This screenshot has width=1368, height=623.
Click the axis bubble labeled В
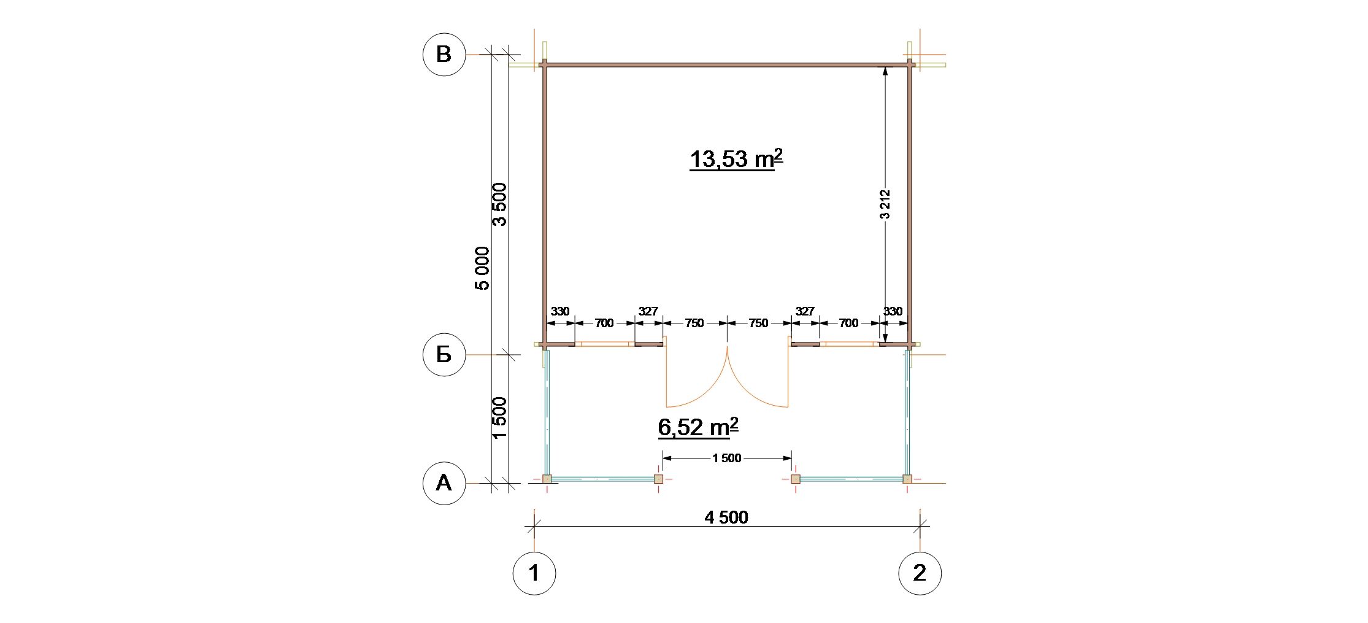[444, 55]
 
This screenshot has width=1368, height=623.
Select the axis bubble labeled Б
[444, 355]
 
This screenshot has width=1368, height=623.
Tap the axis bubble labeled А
[444, 484]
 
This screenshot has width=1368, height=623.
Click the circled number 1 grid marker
[534, 573]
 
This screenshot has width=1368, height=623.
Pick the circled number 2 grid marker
[920, 573]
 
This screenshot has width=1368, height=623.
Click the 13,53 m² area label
[736, 159]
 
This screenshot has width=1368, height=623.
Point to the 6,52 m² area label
[698, 427]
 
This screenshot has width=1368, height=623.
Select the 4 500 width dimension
[726, 517]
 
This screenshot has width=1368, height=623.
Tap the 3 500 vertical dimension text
[500, 204]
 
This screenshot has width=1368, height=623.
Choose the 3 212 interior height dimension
[885, 204]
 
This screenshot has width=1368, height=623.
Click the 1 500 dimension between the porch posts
[727, 458]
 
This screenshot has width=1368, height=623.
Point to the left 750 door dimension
[694, 323]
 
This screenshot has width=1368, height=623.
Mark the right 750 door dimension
[759, 323]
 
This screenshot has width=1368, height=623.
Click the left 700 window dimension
[604, 323]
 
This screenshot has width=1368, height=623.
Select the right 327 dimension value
[805, 311]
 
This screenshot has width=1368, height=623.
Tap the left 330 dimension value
[560, 311]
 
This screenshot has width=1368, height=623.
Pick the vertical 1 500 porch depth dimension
[500, 418]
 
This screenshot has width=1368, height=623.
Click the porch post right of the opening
[796, 479]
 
